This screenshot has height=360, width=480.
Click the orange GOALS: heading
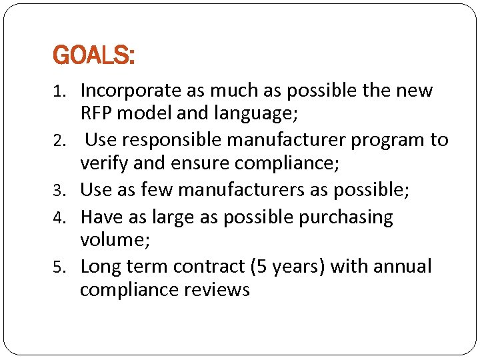click(93, 56)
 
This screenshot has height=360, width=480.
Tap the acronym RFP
click(97, 114)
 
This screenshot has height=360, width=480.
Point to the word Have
click(101, 217)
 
